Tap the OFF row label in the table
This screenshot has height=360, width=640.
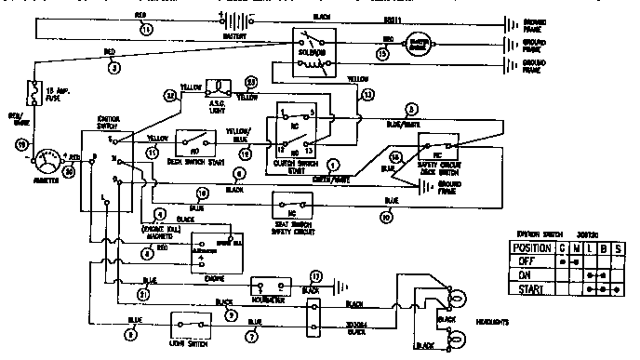[x=524, y=261]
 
